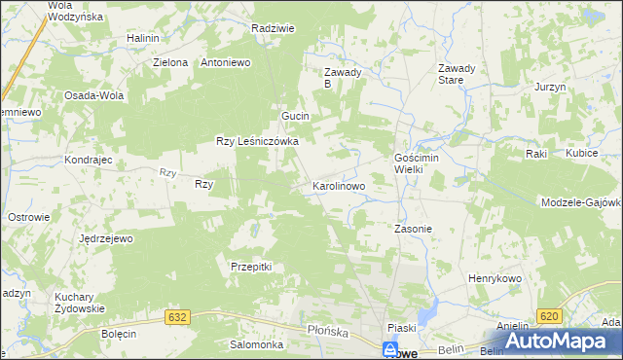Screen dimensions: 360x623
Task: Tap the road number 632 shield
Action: tap(177, 318)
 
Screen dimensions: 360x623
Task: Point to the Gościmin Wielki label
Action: tap(420, 162)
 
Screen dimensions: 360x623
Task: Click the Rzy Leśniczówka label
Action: tap(256, 141)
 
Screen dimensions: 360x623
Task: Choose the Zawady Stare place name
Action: tap(457, 74)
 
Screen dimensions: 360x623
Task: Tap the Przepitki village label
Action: tap(250, 267)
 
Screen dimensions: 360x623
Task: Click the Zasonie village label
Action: tap(412, 230)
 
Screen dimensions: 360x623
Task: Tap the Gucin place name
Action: tap(295, 117)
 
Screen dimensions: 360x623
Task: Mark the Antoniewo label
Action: tap(226, 62)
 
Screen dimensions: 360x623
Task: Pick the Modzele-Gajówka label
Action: tap(582, 201)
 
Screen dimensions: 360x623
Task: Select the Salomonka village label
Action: tap(256, 344)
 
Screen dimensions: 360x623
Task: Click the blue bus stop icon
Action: tap(390, 347)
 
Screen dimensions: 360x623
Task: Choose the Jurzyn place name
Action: tap(550, 88)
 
